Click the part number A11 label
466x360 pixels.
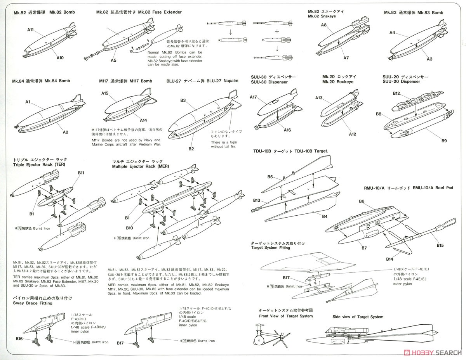[31, 29]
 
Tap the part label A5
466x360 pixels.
[113, 61]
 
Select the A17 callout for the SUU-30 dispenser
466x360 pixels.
[254, 97]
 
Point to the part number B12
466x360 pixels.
[396, 93]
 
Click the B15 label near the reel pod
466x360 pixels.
[440, 246]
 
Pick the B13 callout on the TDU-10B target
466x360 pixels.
[256, 201]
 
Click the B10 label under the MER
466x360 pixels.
[129, 228]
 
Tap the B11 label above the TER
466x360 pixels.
[81, 173]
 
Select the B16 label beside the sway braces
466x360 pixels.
[19, 339]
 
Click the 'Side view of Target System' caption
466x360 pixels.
[358, 317]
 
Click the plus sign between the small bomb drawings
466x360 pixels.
[277, 31]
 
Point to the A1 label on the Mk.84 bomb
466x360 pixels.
[28, 102]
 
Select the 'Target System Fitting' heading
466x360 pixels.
[270, 247]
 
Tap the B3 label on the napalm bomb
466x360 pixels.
[183, 100]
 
